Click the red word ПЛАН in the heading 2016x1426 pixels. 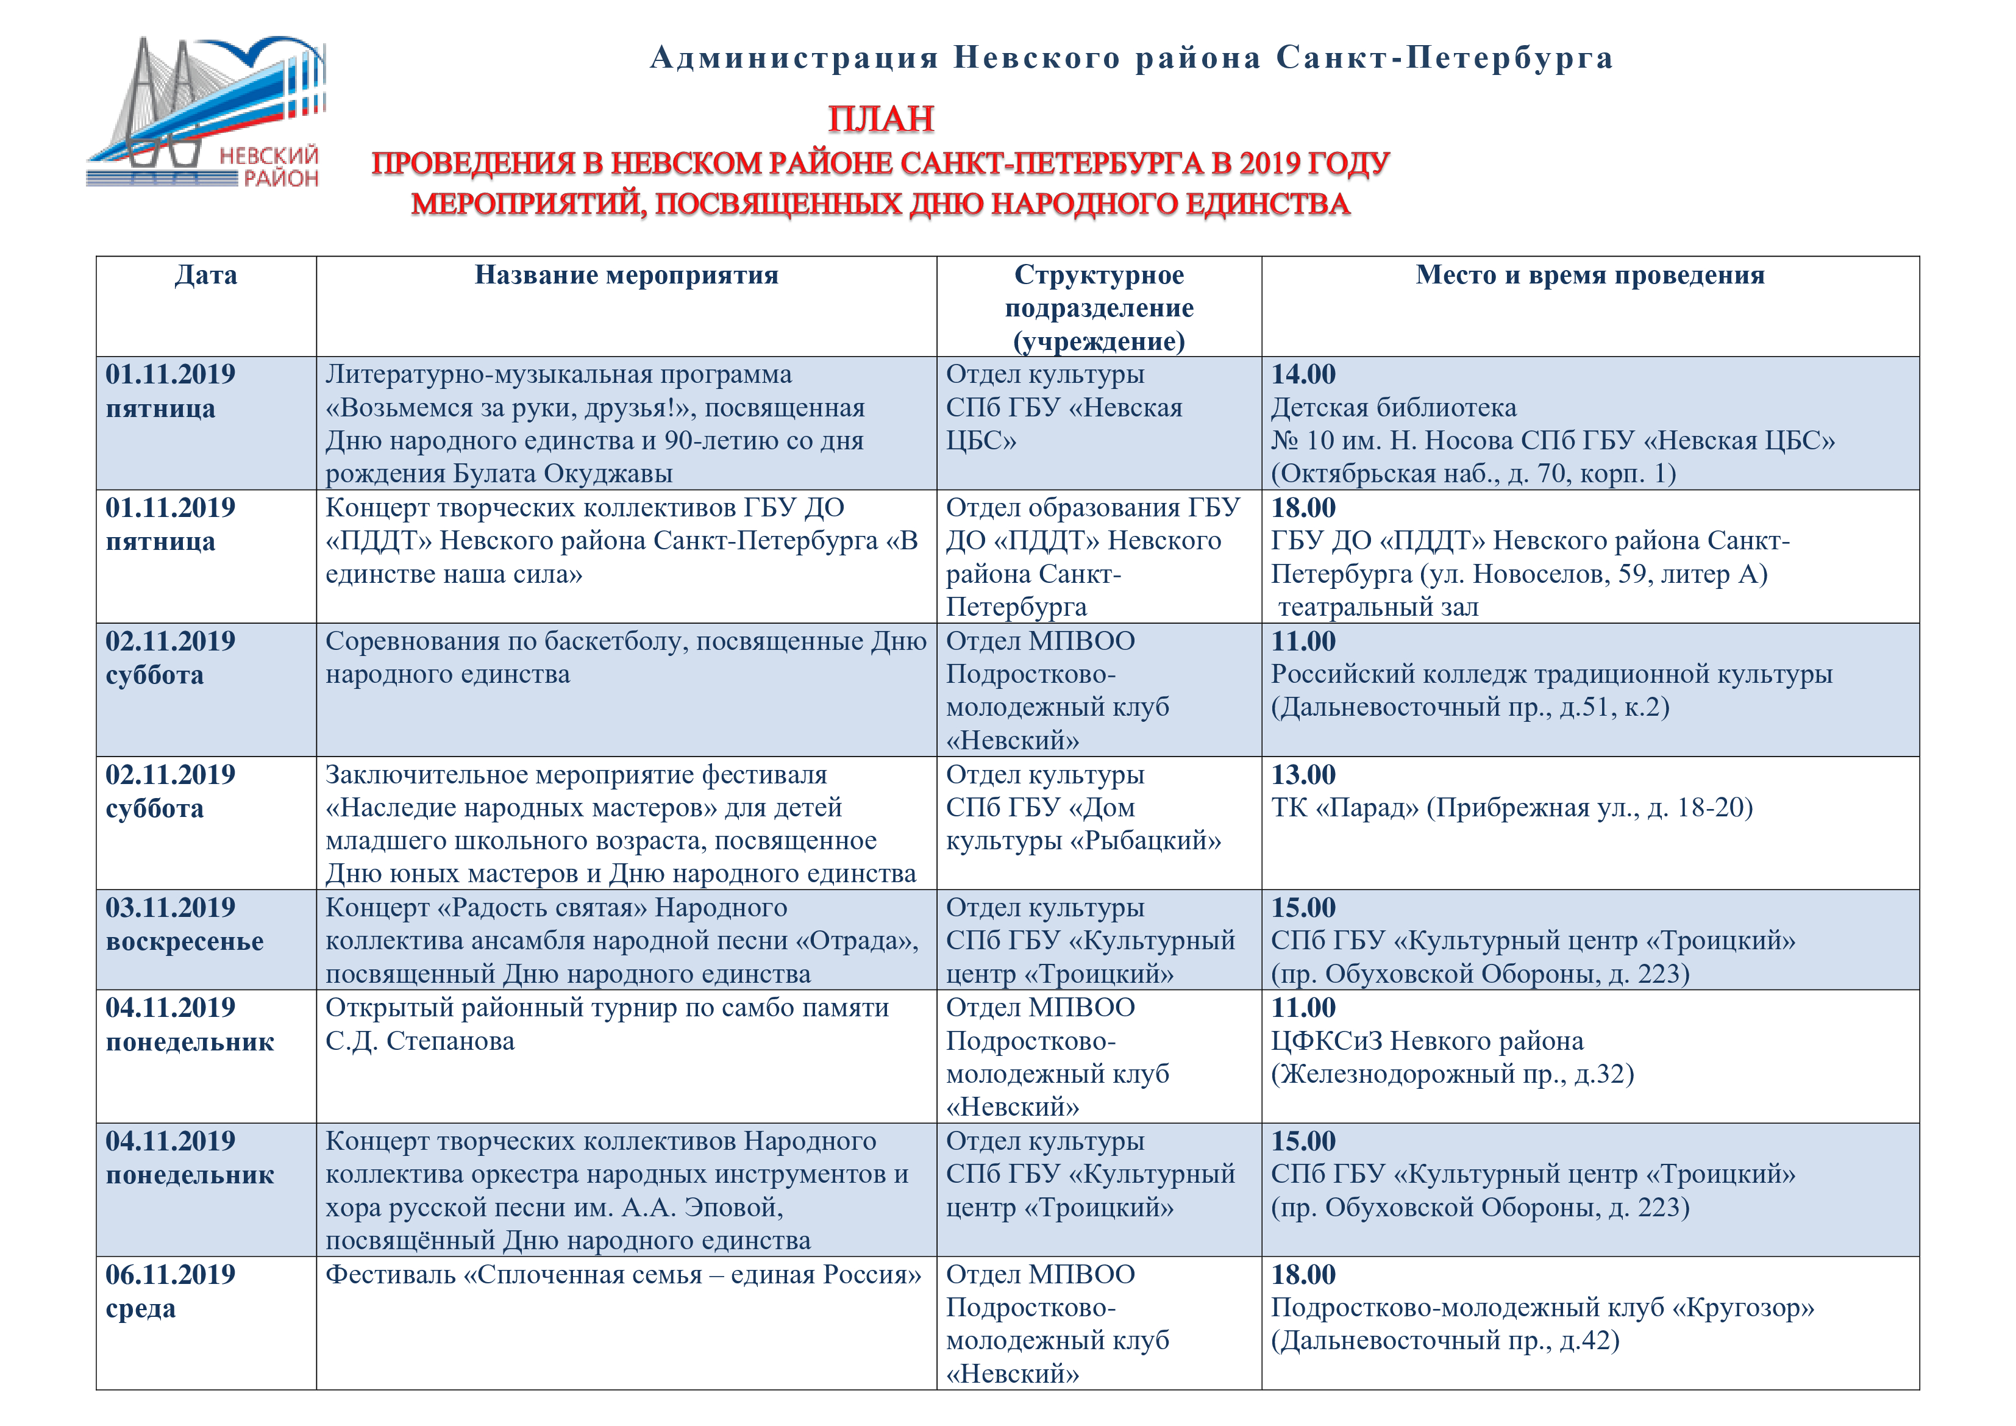(x=881, y=119)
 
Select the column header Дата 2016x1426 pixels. (x=205, y=276)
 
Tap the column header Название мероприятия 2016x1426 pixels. (x=626, y=276)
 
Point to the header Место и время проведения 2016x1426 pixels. (x=1589, y=276)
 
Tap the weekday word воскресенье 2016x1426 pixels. (x=184, y=942)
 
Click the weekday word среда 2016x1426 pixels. (x=140, y=1309)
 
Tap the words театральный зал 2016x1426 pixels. (x=1378, y=608)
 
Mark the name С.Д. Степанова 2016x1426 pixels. (x=419, y=1041)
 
